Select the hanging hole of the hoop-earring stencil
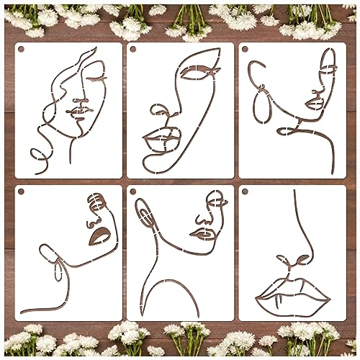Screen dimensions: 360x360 [x=245, y=50]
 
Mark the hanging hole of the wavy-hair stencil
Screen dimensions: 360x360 [x=22, y=50]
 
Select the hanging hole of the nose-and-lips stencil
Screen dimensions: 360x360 [x=245, y=192]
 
